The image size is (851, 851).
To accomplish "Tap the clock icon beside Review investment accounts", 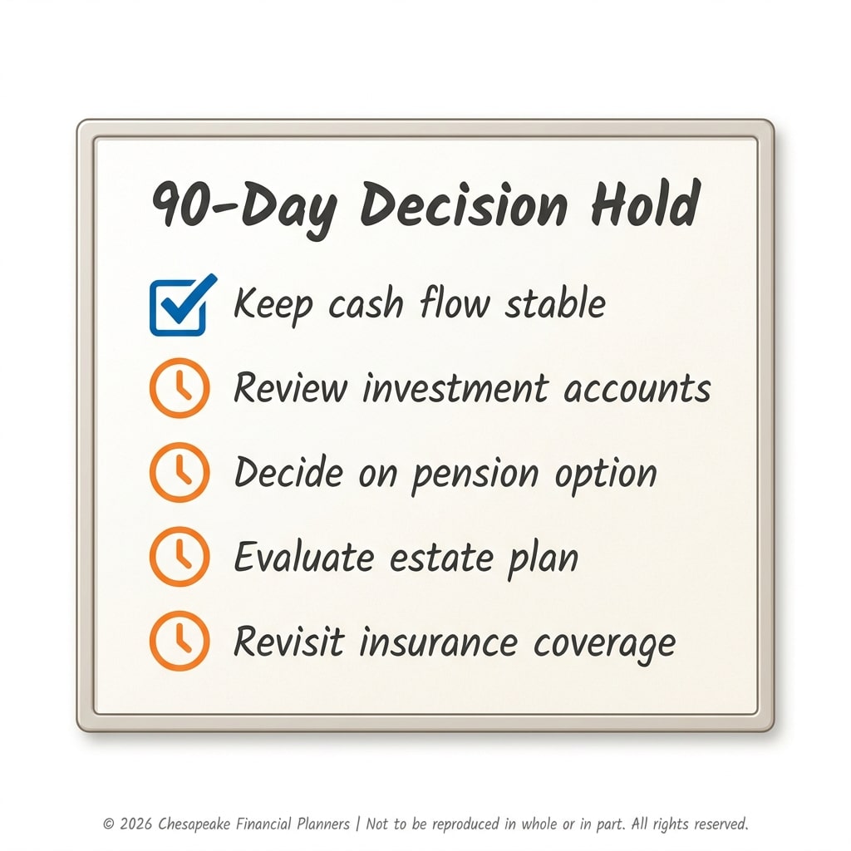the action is tap(180, 387).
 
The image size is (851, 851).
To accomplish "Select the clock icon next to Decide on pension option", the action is tap(180, 472).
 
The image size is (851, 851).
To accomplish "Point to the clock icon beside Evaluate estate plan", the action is tap(180, 556).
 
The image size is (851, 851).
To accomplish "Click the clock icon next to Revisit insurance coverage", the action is tap(180, 641).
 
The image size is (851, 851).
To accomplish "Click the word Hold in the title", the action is tap(646, 204).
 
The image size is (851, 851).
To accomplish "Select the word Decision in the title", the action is tap(464, 205).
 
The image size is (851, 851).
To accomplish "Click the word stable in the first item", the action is tap(555, 302).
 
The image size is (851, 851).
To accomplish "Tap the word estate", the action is tap(441, 558).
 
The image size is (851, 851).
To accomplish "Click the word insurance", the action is tap(438, 642).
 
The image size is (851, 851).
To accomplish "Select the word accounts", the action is tap(637, 390).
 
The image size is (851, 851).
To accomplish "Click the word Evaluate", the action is tap(304, 557).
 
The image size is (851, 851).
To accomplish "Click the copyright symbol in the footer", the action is tap(109, 824).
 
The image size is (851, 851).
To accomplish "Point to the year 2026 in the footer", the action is tap(135, 824).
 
